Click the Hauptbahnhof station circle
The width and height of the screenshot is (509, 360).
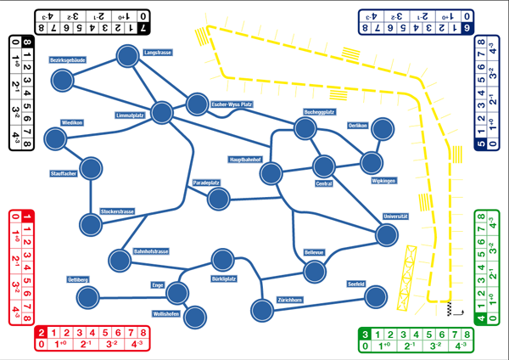pyautogui.click(x=271, y=174)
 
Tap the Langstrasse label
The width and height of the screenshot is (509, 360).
pyautogui.click(x=158, y=53)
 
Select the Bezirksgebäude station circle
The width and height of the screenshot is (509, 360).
pyautogui.click(x=63, y=81)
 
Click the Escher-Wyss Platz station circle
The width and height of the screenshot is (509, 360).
pyautogui.click(x=198, y=103)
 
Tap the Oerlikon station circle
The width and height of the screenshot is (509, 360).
pyautogui.click(x=383, y=130)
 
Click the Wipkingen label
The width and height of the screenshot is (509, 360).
pyautogui.click(x=384, y=180)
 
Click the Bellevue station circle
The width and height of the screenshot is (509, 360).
pyautogui.click(x=315, y=272)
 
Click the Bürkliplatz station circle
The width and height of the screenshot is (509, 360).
pyautogui.click(x=222, y=261)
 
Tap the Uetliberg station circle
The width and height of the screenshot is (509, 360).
pyautogui.click(x=87, y=297)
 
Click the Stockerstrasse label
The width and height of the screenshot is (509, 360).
pyautogui.click(x=120, y=211)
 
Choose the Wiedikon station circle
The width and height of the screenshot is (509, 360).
pyautogui.click(x=57, y=138)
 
